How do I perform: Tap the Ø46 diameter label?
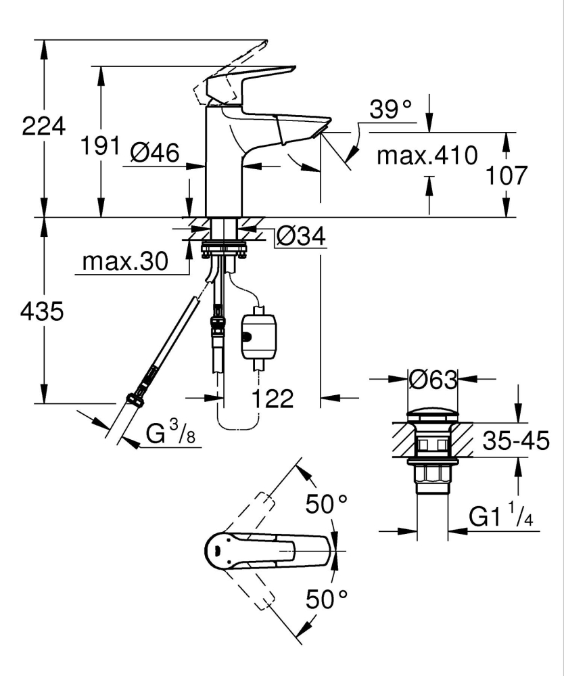coord(154,155)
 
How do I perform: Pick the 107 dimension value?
coord(507,175)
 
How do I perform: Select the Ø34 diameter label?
coord(301,236)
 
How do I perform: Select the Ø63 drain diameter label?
coord(433,381)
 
